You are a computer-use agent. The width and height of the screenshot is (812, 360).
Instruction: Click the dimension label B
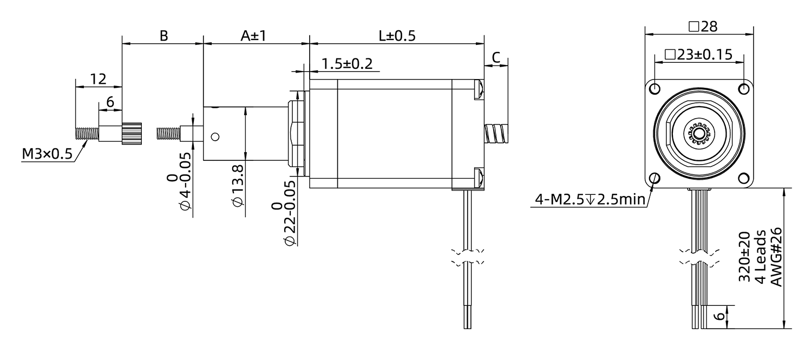pos(163,36)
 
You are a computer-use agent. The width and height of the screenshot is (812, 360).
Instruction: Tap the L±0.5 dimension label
pos(397,36)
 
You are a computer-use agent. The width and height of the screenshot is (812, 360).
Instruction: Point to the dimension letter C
pos(496,57)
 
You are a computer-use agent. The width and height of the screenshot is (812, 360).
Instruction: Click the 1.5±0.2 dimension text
pos(347,64)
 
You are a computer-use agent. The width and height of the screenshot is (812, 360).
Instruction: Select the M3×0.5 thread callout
pos(47,155)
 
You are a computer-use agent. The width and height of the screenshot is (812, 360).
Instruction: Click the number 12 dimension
pos(98,79)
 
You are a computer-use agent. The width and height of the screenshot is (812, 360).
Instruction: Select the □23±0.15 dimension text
pos(698,54)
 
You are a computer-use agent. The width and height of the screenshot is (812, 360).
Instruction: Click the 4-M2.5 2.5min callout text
pos(590,200)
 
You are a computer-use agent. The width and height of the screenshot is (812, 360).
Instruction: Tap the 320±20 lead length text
pos(745,258)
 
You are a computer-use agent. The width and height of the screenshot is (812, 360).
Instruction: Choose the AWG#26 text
pos(776,258)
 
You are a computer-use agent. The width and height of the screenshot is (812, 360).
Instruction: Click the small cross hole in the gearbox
pos(215,137)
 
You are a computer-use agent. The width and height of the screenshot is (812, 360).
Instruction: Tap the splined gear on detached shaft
pos(132,133)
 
